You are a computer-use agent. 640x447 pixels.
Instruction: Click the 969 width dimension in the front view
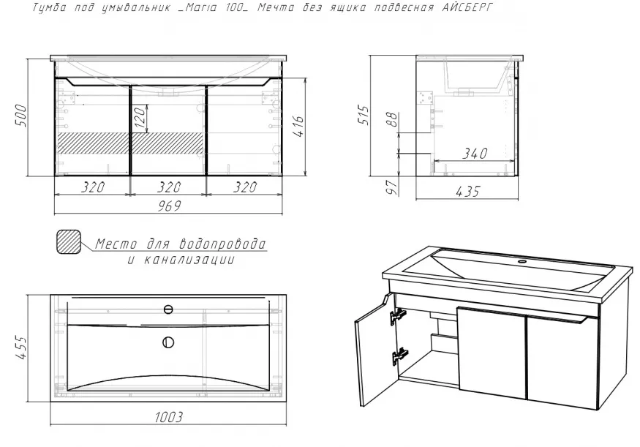pyautogui.click(x=169, y=206)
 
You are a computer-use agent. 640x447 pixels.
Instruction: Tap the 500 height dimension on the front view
pyautogui.click(x=20, y=116)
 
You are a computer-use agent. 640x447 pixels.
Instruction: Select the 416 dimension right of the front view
pyautogui.click(x=298, y=127)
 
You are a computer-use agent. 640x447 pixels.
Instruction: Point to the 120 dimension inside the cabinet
pyautogui.click(x=140, y=118)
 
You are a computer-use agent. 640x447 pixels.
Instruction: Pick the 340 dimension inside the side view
pyautogui.click(x=475, y=153)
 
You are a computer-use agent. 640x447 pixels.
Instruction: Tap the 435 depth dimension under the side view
pyautogui.click(x=468, y=191)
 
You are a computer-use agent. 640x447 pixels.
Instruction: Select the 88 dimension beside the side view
pyautogui.click(x=392, y=119)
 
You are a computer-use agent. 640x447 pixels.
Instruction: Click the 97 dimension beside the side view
pyautogui.click(x=392, y=187)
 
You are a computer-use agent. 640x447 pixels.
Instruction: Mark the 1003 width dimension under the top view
pyautogui.click(x=168, y=417)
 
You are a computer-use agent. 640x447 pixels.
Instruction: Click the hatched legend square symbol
pyautogui.click(x=69, y=242)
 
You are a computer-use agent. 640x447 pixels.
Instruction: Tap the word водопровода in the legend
pyautogui.click(x=223, y=244)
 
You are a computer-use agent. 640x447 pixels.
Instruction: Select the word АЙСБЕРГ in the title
pyautogui.click(x=467, y=7)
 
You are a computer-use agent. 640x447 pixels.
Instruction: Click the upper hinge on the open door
pyautogui.click(x=398, y=315)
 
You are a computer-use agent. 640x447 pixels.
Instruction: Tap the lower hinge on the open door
pyautogui.click(x=399, y=356)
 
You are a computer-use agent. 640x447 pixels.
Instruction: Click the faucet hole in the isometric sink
pyautogui.click(x=522, y=261)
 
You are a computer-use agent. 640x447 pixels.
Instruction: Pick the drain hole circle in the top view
pyautogui.click(x=168, y=342)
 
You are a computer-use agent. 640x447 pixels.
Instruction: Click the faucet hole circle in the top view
pyautogui.click(x=168, y=310)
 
